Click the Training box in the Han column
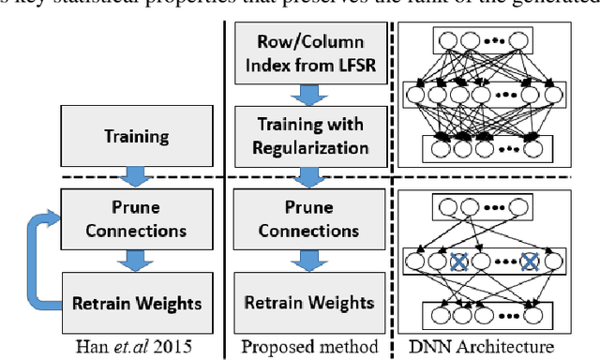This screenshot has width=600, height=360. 137,137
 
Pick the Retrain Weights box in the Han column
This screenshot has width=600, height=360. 137,302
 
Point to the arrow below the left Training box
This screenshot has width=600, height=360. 138,177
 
